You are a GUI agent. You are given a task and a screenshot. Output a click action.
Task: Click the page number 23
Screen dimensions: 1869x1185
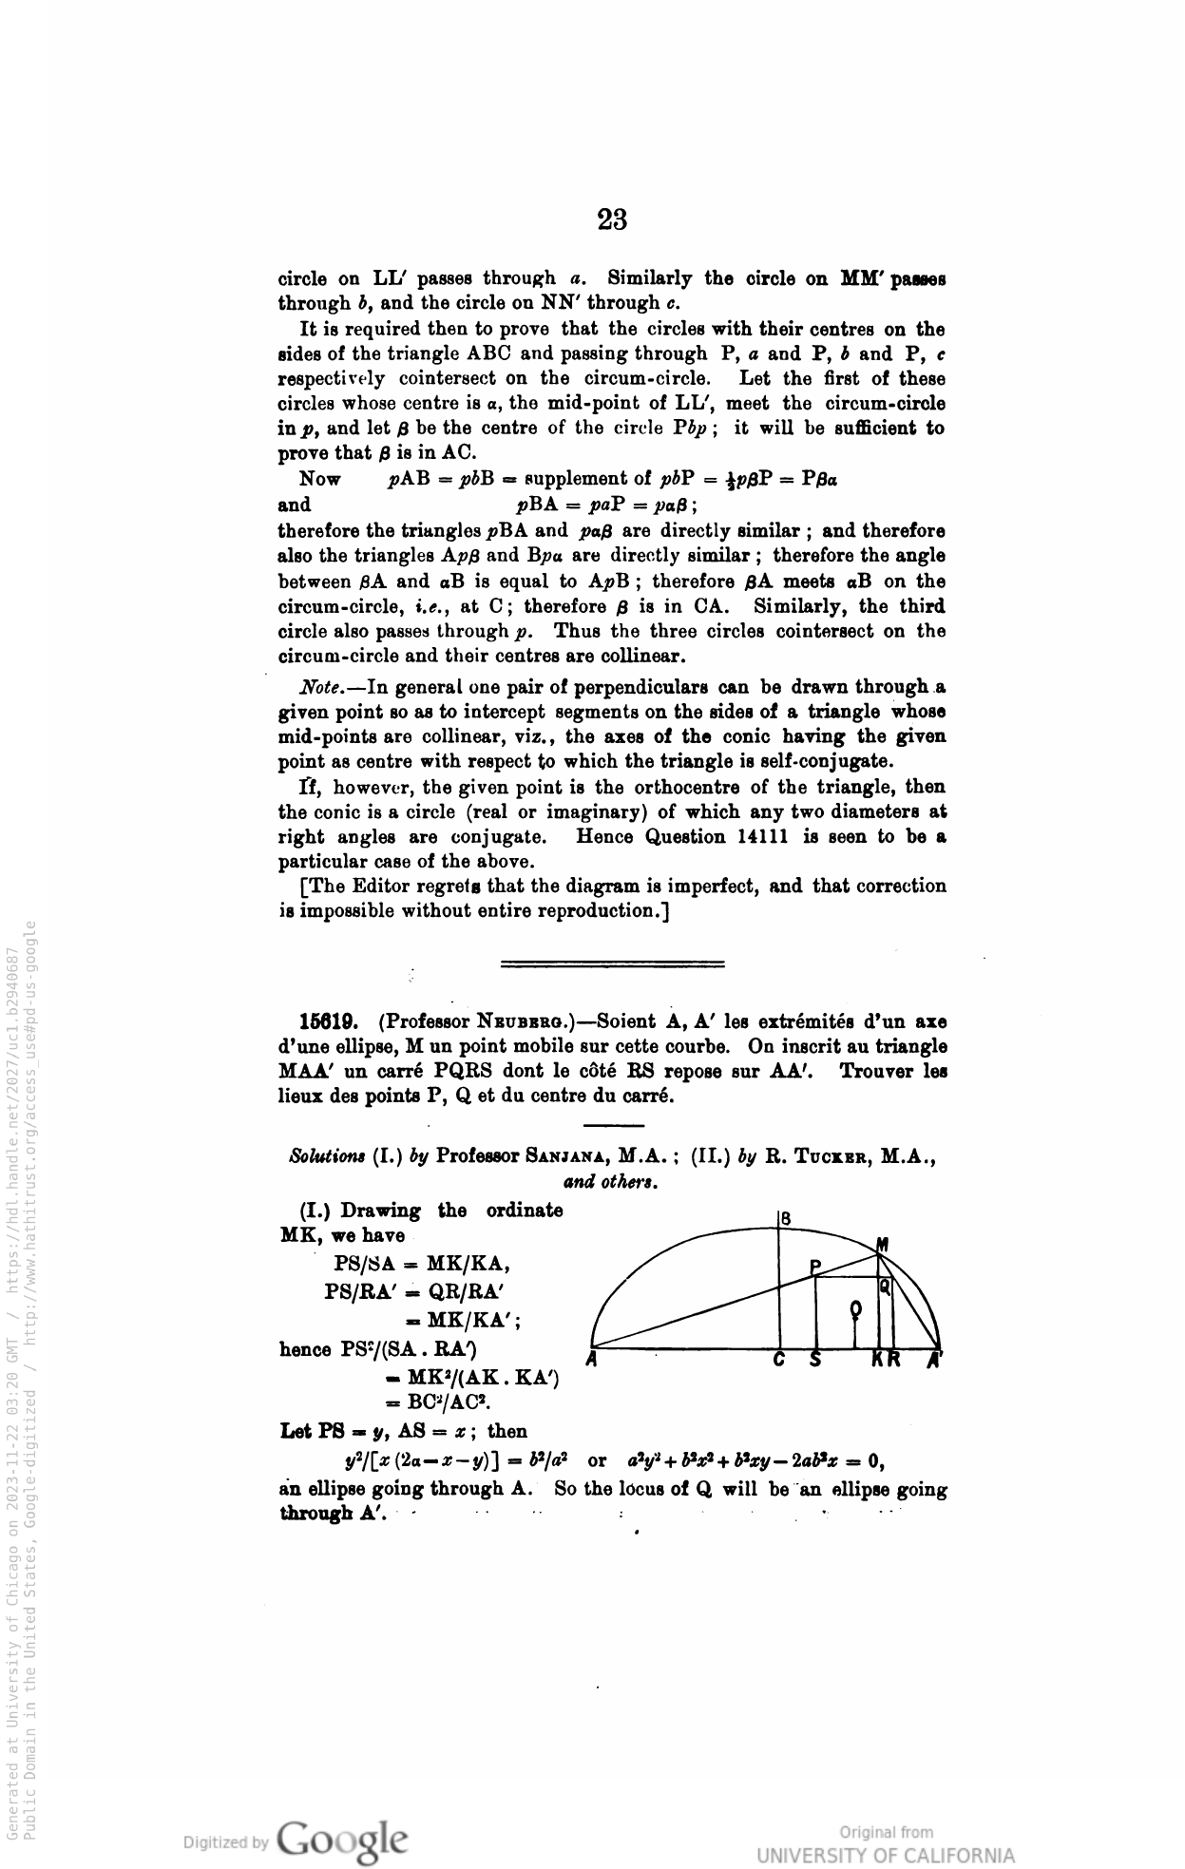612,219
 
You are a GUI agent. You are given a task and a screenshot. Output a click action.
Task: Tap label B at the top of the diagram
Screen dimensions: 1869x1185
787,1218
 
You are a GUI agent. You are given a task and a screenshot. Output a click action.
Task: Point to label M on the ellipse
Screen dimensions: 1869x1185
882,1244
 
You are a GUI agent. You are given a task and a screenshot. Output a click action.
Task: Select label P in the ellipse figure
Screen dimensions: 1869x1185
815,1265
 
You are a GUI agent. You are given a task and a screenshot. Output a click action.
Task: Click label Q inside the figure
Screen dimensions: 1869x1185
885,1287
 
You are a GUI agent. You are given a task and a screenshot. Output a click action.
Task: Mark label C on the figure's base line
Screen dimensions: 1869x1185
778,1360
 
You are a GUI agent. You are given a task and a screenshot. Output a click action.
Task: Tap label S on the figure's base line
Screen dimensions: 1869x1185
815,1360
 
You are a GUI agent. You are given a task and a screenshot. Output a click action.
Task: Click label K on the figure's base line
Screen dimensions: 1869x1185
879,1360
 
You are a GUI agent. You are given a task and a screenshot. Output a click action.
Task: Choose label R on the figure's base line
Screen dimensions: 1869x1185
895,1360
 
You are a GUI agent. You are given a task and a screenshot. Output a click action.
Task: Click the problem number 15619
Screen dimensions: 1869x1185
328,1021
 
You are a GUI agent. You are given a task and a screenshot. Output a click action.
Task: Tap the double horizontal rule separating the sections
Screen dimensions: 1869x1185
612,964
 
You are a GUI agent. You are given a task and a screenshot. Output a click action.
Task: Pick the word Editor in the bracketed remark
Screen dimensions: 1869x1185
384,887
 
